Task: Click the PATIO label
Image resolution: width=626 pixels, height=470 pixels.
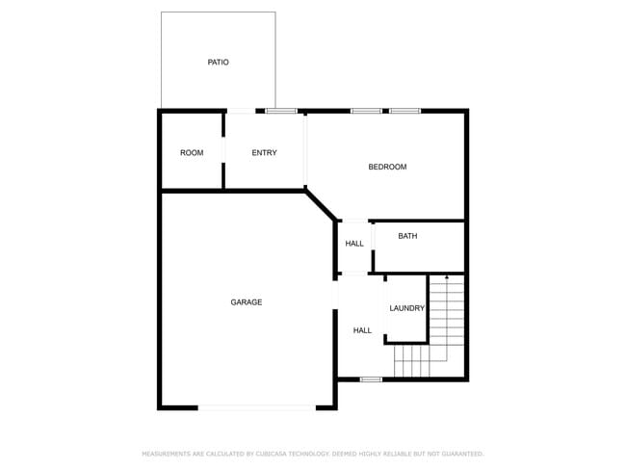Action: click(x=218, y=63)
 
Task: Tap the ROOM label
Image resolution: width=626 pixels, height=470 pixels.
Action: click(x=192, y=153)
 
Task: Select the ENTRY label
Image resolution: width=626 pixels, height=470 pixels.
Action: click(x=264, y=153)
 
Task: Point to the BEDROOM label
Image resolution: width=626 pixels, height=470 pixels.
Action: click(x=387, y=168)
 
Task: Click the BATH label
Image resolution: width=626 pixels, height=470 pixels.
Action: click(x=407, y=236)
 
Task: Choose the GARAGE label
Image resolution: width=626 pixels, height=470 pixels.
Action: click(x=246, y=302)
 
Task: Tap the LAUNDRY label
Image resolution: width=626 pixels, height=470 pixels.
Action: click(x=406, y=308)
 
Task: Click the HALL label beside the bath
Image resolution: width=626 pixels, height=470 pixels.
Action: click(x=354, y=244)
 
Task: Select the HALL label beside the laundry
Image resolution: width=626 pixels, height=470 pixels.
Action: click(x=362, y=330)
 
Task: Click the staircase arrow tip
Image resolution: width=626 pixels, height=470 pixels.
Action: click(x=446, y=277)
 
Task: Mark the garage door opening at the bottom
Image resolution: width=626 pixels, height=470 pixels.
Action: click(x=255, y=407)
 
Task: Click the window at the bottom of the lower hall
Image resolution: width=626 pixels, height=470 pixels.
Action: click(x=371, y=379)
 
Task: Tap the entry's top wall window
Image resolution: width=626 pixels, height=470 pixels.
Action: click(x=281, y=111)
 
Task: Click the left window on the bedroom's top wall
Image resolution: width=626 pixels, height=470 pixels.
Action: click(x=366, y=111)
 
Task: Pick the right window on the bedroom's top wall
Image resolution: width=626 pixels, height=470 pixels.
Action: click(x=404, y=111)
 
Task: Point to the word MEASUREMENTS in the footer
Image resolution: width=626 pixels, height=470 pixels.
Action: click(x=166, y=453)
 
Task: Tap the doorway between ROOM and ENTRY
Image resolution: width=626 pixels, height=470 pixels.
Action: click(x=223, y=151)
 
